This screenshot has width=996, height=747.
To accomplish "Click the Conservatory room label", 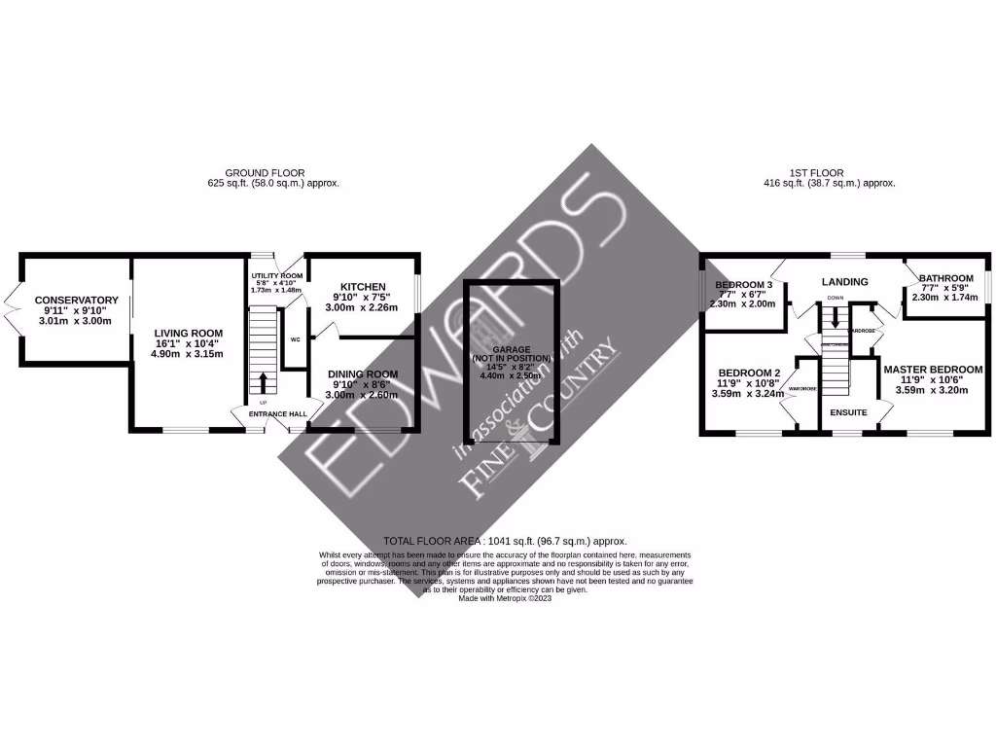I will coord(76,301).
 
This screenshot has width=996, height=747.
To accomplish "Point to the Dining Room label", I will coord(363,374).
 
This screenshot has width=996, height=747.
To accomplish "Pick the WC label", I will coord(294,339).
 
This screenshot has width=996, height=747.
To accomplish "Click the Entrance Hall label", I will coord(278,414).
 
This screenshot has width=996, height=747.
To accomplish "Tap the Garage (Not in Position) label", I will coord(511,350).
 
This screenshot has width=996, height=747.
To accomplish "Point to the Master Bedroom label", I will coord(932,370).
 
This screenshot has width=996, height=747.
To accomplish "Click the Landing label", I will coord(845,282).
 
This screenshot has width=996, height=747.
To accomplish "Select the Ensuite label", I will coord(848,412).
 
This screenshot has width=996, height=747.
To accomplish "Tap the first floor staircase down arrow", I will coord(835,320).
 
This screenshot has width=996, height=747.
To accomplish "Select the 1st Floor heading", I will coord(817,173).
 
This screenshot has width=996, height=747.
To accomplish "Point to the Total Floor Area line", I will coord(505,541).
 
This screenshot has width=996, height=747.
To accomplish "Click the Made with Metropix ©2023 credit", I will coord(505,599).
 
